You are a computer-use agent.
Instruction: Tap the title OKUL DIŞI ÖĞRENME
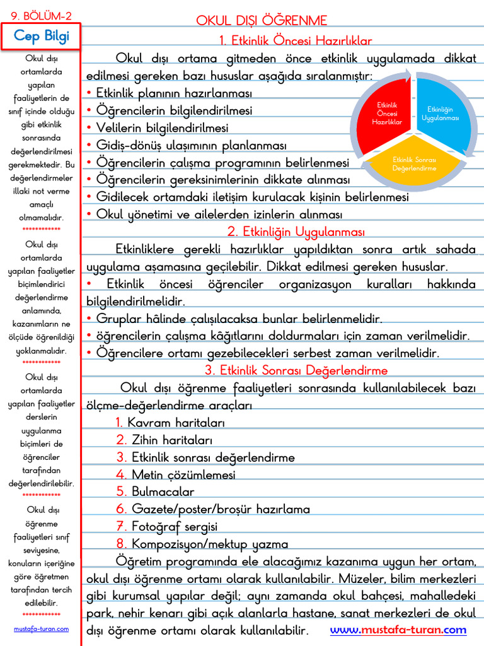click(262, 21)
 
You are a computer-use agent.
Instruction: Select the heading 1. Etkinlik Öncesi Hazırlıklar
click(296, 41)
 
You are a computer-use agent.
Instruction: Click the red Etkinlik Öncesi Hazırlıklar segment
click(386, 113)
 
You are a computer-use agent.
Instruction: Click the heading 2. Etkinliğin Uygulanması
click(296, 232)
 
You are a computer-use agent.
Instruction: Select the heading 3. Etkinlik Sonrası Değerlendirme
click(296, 370)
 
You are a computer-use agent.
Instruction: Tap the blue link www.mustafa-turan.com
click(398, 630)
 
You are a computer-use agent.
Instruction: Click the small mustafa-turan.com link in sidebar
click(41, 629)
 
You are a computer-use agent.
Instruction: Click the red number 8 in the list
click(122, 543)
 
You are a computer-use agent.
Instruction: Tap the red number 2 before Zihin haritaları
click(122, 440)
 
